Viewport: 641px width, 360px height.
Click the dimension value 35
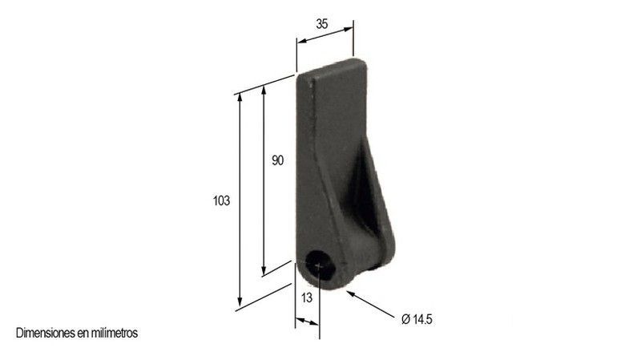pos(322,24)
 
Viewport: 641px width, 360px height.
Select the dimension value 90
pos(277,161)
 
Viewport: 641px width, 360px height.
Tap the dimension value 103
pos(222,201)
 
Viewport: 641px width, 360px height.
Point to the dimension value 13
pos(307,297)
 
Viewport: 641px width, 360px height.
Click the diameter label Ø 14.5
pos(417,318)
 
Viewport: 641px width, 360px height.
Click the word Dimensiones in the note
pos(46,333)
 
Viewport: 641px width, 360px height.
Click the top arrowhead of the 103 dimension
pos(240,98)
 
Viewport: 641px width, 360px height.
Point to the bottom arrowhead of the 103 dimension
pos(240,302)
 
